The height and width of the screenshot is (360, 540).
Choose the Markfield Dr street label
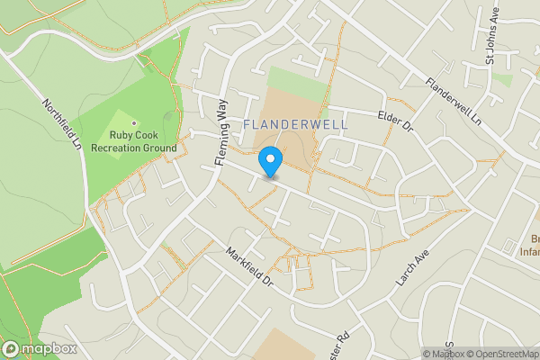pyautogui.click(x=249, y=267)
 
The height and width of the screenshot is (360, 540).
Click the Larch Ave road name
pyautogui.click(x=409, y=269)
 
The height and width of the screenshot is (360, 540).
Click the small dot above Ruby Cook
pyautogui.click(x=134, y=122)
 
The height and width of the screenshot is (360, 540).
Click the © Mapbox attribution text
pyautogui.click(x=440, y=354)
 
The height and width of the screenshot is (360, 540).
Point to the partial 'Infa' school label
pyautogui.click(x=530, y=252)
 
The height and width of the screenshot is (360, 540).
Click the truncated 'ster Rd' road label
pyautogui.click(x=342, y=345)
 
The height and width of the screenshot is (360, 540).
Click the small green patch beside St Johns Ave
pyautogui.click(x=503, y=79)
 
